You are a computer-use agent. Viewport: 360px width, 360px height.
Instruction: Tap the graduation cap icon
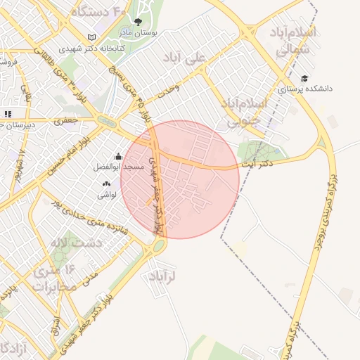point(304,78)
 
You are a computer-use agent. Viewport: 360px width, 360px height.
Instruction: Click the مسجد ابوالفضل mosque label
point(120,167)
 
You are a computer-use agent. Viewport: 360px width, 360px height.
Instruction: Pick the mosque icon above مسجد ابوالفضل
point(118,157)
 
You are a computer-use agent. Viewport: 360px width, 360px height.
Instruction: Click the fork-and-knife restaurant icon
point(7,113)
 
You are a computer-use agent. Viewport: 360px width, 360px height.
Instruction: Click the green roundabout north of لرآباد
point(158,245)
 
